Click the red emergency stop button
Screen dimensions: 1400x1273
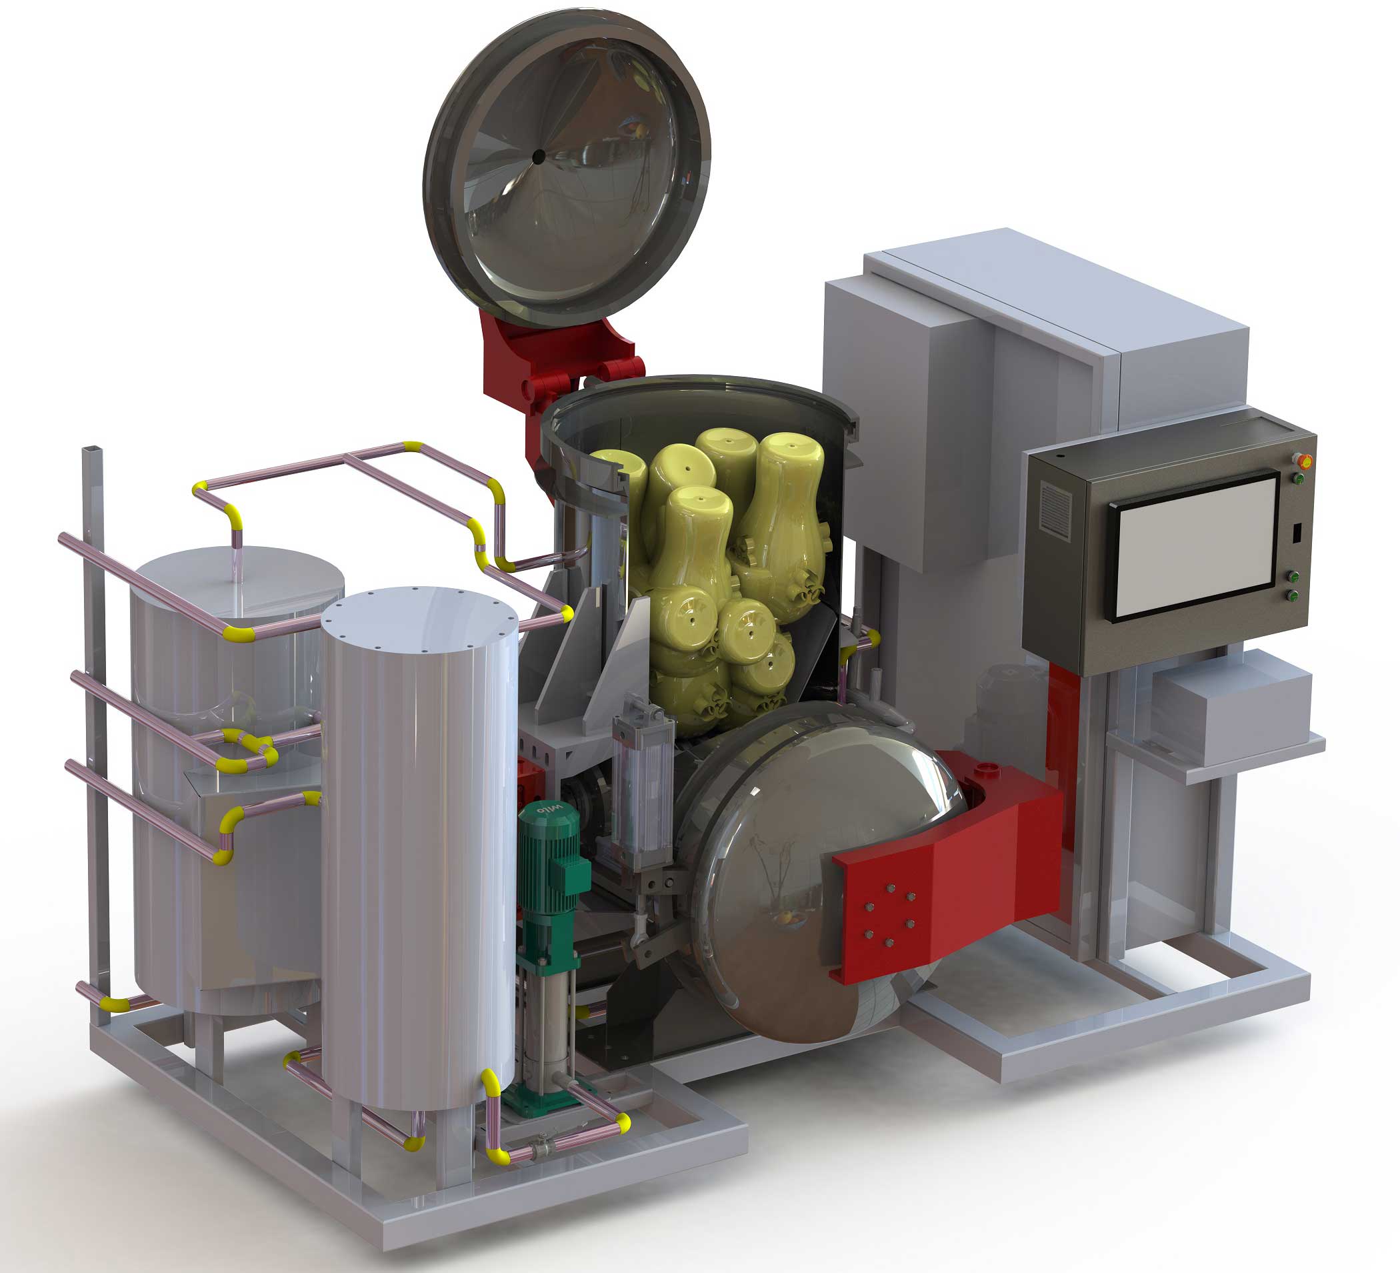coord(1303,459)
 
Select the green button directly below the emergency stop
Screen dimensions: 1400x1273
coord(1298,479)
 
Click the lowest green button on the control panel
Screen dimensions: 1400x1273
coord(1294,595)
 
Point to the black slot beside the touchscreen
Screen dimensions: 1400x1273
coord(1296,533)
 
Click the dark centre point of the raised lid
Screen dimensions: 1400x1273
coord(538,157)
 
